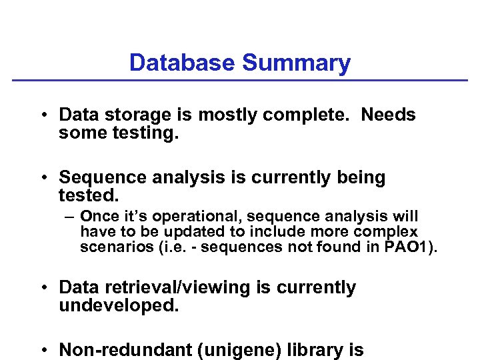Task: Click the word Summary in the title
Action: pos(296,63)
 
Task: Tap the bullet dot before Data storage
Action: pos(42,115)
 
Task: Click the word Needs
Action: pos(388,115)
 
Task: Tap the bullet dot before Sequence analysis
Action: pos(42,178)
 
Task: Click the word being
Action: pos(357,177)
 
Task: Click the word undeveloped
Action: pos(119,305)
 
